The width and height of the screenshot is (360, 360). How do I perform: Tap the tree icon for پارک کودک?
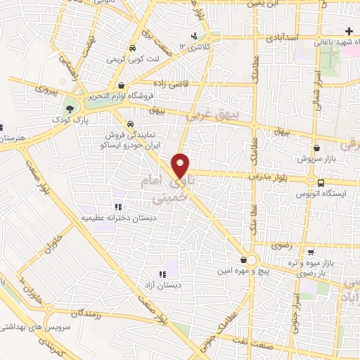[x=70, y=108]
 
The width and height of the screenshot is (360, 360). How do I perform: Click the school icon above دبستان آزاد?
[x=163, y=274]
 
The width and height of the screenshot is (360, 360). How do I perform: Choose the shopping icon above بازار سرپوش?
[x=318, y=148]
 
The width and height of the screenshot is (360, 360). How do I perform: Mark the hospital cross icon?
[x=349, y=30]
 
